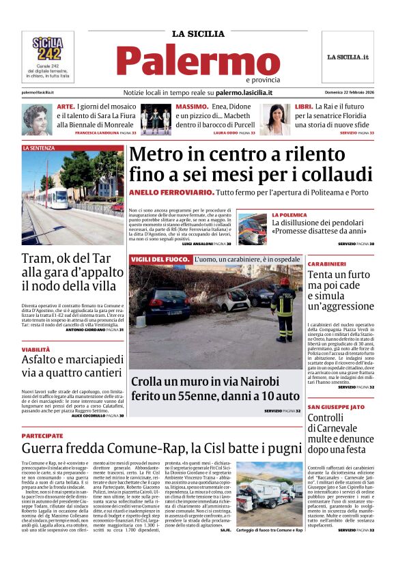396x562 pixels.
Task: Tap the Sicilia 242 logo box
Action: click(x=48, y=49)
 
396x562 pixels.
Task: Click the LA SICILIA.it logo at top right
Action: click(x=348, y=57)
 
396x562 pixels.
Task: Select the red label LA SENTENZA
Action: click(x=38, y=147)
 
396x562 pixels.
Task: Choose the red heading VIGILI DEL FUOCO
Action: click(x=159, y=259)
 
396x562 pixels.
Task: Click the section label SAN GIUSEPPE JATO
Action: click(x=335, y=406)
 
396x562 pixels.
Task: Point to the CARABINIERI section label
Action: click(x=326, y=264)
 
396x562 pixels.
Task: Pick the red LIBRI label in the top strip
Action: click(x=304, y=107)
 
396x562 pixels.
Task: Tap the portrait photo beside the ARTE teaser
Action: click(x=36, y=119)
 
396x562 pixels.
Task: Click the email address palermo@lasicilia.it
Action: click(x=38, y=92)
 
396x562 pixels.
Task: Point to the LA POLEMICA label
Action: click(x=291, y=214)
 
